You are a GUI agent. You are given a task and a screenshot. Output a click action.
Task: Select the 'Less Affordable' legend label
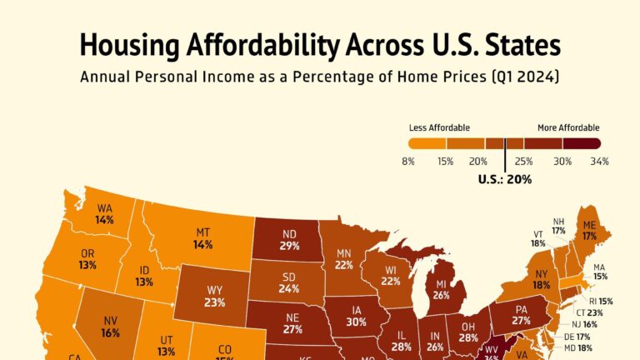pos(439,127)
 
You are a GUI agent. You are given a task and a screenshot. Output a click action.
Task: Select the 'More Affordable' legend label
pos(568,127)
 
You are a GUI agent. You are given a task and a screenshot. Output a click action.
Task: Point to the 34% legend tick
pos(600,160)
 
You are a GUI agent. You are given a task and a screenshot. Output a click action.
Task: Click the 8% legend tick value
pos(408,160)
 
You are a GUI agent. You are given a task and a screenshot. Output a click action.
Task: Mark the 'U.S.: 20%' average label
pos(504,178)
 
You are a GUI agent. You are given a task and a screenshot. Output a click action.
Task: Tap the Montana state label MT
pos(202,238)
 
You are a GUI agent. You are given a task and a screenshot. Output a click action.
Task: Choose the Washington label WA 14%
pos(104,214)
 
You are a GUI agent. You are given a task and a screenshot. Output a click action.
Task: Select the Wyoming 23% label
pos(215,296)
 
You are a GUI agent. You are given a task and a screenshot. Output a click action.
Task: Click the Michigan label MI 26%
pos(442,288)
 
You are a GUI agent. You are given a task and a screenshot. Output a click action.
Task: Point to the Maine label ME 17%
pos(589,230)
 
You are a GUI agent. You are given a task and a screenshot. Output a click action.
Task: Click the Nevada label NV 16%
pos(109,326)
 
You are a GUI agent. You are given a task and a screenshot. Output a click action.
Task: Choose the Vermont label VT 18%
pos(538,237)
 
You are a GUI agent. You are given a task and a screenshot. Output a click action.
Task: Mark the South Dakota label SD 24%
pos(288,283)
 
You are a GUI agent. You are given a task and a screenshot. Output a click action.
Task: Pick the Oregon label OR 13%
pos(87,258)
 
